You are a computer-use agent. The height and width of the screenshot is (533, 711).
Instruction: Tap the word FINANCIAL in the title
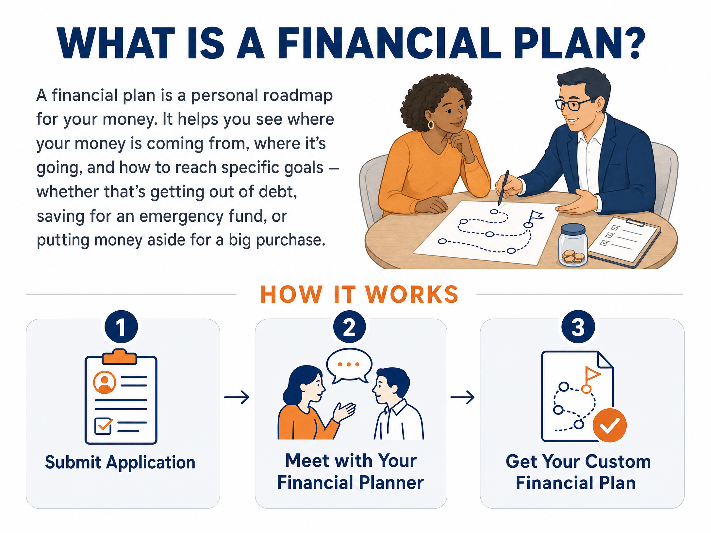coord(389,43)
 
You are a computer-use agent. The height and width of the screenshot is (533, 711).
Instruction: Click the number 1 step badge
coord(121,327)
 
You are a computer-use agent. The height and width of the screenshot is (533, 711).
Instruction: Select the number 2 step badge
coord(349,327)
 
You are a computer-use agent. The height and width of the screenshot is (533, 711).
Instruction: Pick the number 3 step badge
coord(578,327)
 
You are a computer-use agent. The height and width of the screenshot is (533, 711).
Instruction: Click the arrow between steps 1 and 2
coord(237,397)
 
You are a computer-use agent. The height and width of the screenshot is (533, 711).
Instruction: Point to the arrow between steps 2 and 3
coord(462,397)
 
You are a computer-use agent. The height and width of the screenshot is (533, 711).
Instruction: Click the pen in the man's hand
coord(503,188)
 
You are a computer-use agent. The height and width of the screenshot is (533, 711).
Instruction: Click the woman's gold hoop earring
coord(431,125)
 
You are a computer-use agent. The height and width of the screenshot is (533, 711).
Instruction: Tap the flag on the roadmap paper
coord(536,217)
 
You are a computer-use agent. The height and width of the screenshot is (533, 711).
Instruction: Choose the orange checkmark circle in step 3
coord(609,425)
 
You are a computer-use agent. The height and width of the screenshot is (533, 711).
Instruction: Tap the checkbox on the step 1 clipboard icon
coord(103,426)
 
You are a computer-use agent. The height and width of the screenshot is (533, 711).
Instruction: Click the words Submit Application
coord(120,462)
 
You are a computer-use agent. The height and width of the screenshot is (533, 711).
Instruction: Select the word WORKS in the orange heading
coord(412,294)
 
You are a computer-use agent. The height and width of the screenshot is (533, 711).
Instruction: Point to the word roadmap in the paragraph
coord(298,95)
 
